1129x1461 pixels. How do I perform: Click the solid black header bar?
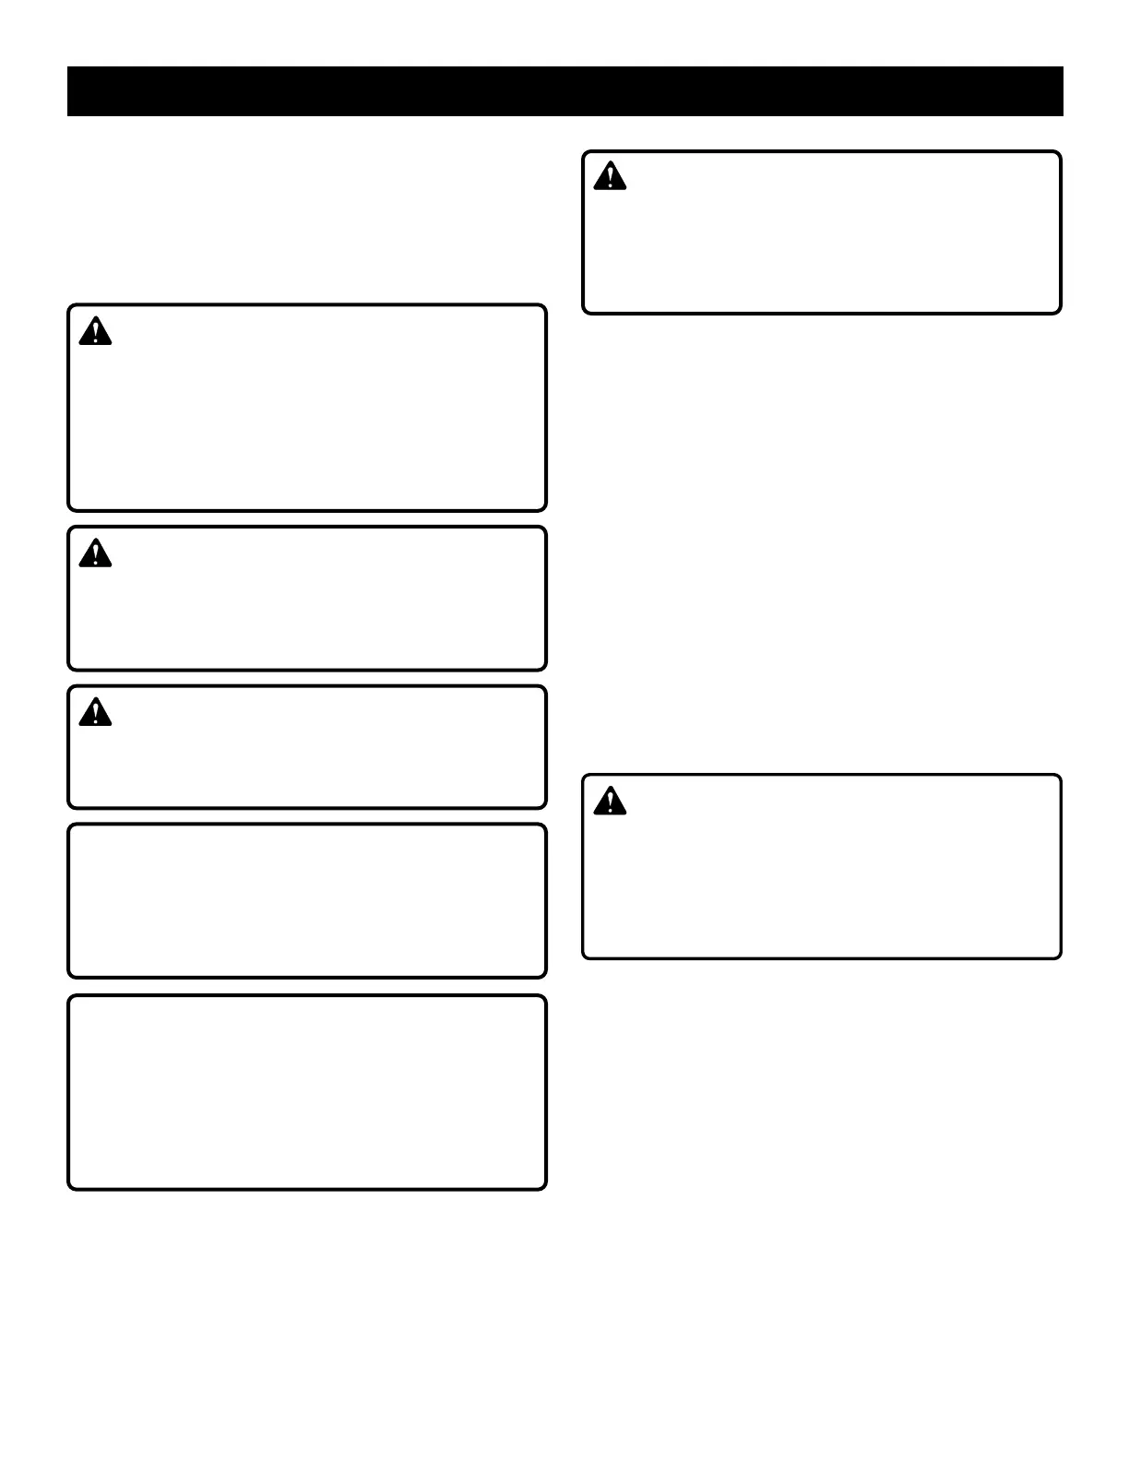(564, 91)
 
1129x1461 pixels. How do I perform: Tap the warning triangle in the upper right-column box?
(610, 176)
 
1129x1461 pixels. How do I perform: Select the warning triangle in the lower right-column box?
(610, 801)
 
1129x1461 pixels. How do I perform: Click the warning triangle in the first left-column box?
(95, 331)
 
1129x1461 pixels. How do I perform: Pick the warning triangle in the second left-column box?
(95, 553)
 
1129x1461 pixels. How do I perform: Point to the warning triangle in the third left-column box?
(95, 712)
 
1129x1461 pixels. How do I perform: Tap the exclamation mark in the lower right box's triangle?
(610, 802)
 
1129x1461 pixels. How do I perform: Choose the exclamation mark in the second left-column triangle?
(95, 554)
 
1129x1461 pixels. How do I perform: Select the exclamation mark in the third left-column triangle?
(95, 713)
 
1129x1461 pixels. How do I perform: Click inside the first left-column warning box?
(307, 424)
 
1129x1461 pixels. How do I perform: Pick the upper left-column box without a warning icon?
(307, 900)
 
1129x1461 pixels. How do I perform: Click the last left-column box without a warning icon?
(307, 1092)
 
